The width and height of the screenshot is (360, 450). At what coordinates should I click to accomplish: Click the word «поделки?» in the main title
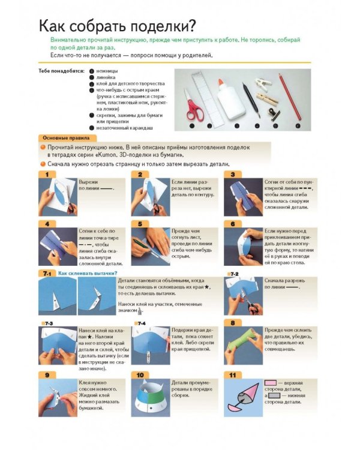(x=163, y=26)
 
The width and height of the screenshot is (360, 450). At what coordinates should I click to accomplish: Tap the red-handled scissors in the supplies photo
(x=193, y=106)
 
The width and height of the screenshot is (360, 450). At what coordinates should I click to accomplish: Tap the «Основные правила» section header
(x=67, y=138)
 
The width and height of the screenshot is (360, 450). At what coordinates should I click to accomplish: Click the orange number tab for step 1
(x=47, y=175)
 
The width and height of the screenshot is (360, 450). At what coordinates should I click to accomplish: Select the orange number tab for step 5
(x=140, y=224)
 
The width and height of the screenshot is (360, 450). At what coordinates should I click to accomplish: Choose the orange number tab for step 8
(x=233, y=323)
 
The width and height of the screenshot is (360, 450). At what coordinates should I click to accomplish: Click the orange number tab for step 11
(x=233, y=375)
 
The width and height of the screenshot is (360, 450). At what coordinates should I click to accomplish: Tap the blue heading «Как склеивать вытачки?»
(x=88, y=273)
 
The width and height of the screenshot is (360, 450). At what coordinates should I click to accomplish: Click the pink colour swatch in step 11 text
(x=270, y=383)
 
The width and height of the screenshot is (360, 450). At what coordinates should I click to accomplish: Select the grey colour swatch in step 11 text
(x=274, y=395)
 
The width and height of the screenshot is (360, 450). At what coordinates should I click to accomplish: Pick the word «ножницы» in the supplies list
(x=107, y=71)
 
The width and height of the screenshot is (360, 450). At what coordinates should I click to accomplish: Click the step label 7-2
(x=234, y=274)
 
